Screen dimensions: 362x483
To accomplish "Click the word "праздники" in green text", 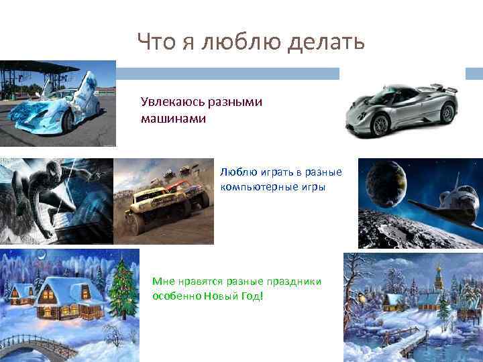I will coord(290,282).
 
